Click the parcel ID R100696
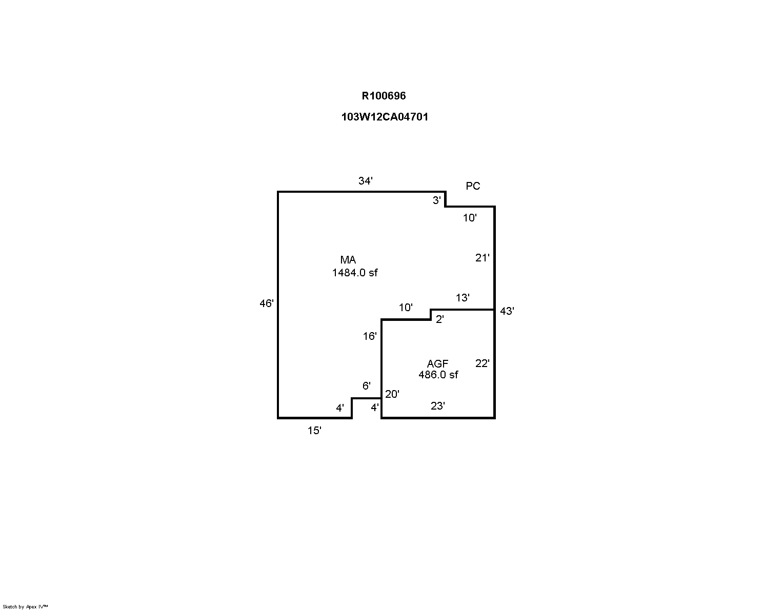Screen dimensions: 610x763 (384, 96)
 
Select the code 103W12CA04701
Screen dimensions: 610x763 (385, 117)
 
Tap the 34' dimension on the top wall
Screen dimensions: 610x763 (365, 181)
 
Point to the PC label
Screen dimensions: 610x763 (473, 186)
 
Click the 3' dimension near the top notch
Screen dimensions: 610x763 (436, 200)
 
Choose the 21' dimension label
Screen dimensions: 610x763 (482, 258)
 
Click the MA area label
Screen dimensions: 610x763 (348, 260)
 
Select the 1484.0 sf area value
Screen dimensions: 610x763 (354, 273)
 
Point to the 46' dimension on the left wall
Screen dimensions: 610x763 (267, 303)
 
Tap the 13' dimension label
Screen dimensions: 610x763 (463, 298)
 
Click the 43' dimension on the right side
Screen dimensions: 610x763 (507, 311)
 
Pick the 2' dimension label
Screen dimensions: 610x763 (439, 319)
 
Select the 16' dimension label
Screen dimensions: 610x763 (370, 336)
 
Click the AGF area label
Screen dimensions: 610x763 (437, 364)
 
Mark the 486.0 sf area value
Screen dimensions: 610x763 (438, 375)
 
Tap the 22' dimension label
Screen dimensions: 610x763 (482, 363)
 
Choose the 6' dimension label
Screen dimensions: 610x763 (366, 386)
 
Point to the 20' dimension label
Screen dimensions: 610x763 (392, 394)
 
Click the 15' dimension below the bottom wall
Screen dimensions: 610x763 (314, 431)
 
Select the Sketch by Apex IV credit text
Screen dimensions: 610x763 (25, 606)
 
